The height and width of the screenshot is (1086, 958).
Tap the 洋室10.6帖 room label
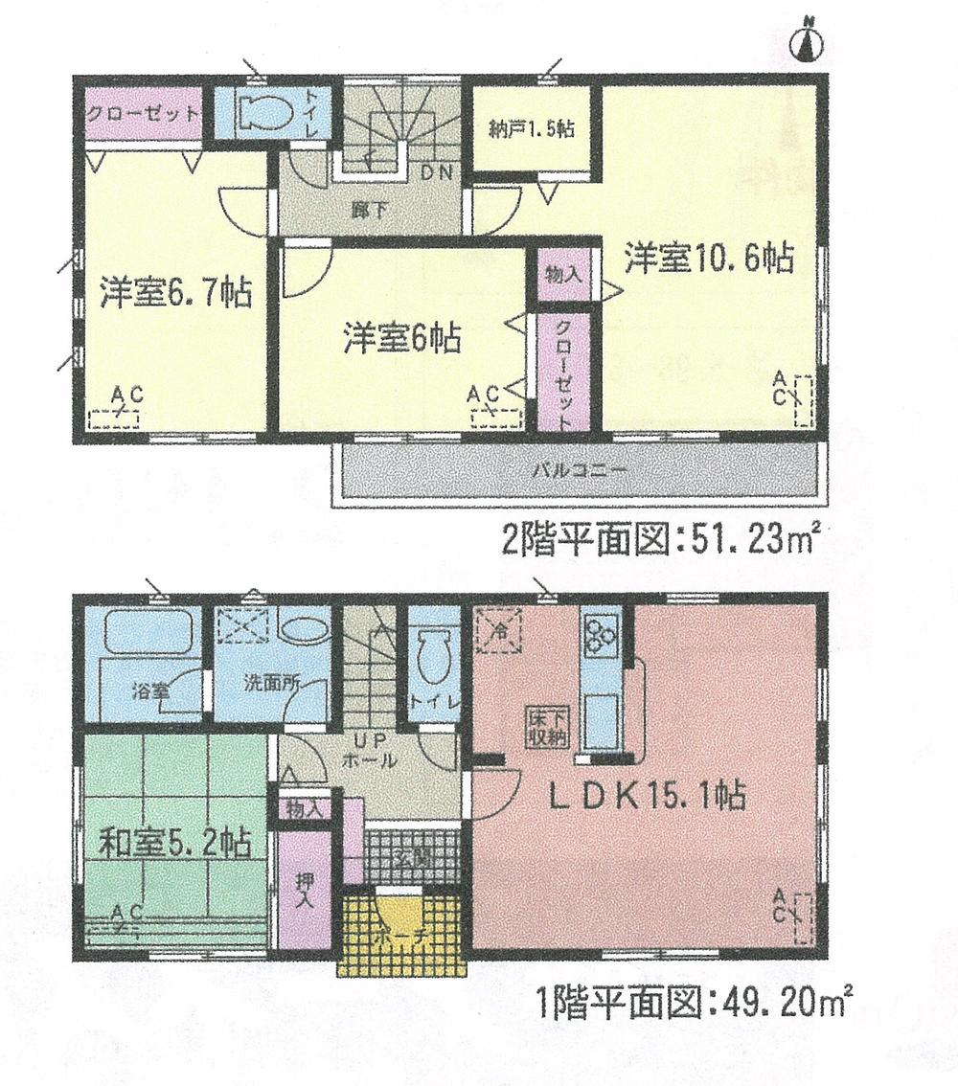click(x=710, y=259)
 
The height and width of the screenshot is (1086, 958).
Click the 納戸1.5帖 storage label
click(x=530, y=130)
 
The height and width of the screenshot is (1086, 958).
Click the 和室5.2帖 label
click(x=175, y=843)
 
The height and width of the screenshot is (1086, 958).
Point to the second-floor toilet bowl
click(x=263, y=114)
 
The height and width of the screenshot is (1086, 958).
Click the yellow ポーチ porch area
click(x=401, y=934)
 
